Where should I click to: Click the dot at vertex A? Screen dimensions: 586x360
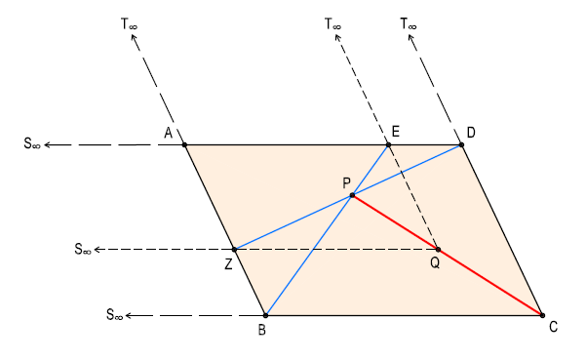point(184,145)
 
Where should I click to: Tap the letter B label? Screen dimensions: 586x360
point(262,330)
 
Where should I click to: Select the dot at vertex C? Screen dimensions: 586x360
point(541,315)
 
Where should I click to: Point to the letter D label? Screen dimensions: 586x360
point(471,132)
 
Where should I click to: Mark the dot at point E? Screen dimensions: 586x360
point(388,145)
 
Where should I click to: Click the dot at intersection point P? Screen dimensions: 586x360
point(352,196)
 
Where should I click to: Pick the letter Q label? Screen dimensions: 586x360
point(435,263)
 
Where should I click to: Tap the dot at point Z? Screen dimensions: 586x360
point(234,249)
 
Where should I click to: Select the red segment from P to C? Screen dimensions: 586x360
point(447,256)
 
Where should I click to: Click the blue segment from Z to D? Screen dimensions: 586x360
point(293,222)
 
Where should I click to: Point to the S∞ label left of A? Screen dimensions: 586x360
point(32,145)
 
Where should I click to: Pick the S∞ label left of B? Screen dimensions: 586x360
point(115,315)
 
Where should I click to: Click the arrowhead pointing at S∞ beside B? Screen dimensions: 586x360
point(131,315)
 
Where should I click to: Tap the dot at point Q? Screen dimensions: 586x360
point(437,249)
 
